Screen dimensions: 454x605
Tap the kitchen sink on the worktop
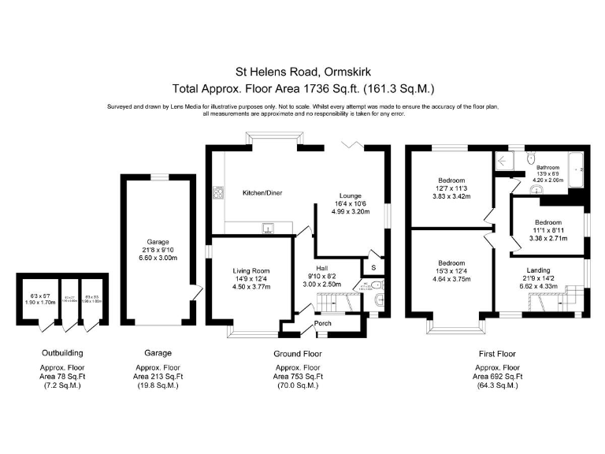[269, 229]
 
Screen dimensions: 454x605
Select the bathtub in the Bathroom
[579, 173]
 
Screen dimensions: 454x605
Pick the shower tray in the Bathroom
[504, 161]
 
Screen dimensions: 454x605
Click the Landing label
[540, 270]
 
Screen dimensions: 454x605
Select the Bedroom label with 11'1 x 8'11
[547, 221]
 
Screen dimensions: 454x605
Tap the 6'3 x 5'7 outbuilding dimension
[37, 295]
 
